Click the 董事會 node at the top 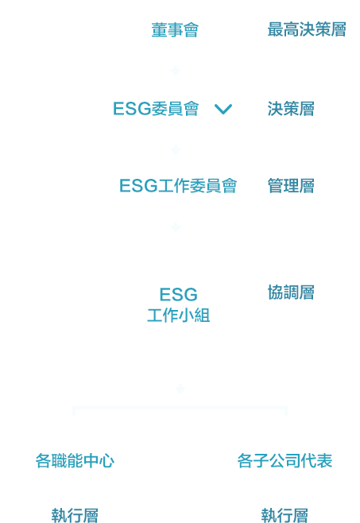point(175,30)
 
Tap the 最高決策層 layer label point(307,29)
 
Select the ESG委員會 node point(156,109)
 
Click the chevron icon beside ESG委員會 point(223,109)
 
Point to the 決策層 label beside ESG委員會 point(291,109)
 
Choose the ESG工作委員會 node point(178,186)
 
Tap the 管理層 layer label point(291,186)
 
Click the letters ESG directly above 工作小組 point(179,295)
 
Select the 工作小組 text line point(179,316)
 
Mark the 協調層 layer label point(291,292)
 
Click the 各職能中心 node point(75,461)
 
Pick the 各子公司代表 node point(285,461)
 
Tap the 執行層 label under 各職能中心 point(75,515)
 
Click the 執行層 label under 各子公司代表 point(285,515)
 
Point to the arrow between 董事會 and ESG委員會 point(176,71)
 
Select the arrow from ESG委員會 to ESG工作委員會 point(176,149)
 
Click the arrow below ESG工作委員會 point(176,227)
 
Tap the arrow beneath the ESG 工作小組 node point(180,389)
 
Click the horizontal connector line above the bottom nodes point(180,408)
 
